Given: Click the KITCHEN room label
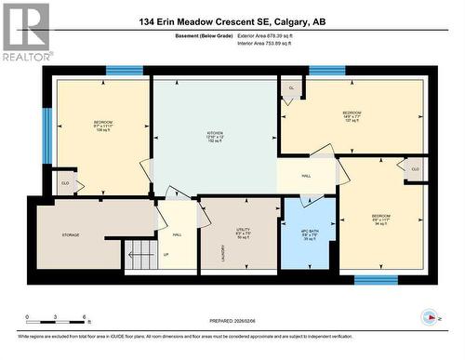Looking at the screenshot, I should (x=215, y=133).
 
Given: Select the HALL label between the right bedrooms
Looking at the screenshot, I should (x=306, y=174).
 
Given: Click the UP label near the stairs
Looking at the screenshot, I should (x=166, y=255).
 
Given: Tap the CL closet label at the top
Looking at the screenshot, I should (x=291, y=88).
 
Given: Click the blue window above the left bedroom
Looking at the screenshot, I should (x=124, y=71).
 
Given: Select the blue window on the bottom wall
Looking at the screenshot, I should (x=376, y=279).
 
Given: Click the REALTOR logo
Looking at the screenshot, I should (x=25, y=33).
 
